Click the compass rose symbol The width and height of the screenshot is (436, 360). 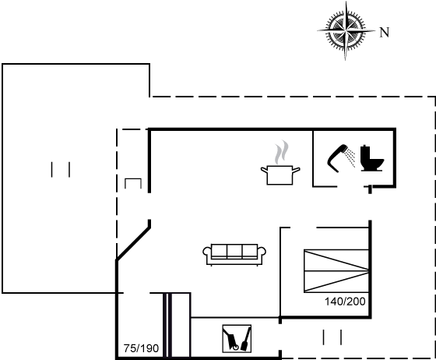tap(346, 30)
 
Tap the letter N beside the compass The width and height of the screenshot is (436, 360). tap(385, 33)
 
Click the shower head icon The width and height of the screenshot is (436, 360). tap(337, 158)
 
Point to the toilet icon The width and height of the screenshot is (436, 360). tap(372, 158)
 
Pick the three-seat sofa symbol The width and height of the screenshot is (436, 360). tap(234, 255)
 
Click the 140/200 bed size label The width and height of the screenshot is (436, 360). tap(345, 302)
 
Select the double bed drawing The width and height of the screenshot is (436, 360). tap(336, 271)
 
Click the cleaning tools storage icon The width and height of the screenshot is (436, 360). tap(237, 339)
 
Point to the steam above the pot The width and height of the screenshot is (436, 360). tap(281, 152)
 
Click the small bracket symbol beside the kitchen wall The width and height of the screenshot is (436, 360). tap(133, 183)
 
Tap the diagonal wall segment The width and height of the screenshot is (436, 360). tap(133, 244)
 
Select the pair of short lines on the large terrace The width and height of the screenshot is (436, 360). tap(61, 169)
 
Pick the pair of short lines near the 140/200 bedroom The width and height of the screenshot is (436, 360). tap(332, 337)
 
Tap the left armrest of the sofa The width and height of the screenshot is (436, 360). tap(206, 254)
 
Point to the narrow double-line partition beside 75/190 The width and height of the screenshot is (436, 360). tap(167, 325)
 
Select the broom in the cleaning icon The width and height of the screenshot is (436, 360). tap(246, 339)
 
